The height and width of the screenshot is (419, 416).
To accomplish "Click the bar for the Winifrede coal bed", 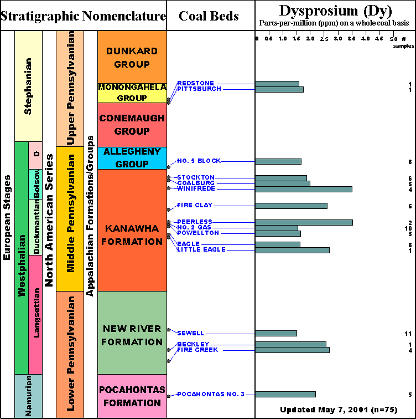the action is coord(304,189).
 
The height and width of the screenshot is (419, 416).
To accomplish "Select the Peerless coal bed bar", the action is coord(304,222).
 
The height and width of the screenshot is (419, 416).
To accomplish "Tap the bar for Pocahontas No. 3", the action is coord(285,394).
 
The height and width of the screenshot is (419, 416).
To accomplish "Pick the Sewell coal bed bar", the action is coord(276,333).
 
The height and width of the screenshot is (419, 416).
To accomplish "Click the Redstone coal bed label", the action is coord(195,83).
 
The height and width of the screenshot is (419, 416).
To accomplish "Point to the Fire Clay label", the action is coord(195,205).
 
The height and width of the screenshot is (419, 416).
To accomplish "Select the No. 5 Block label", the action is coord(199,161).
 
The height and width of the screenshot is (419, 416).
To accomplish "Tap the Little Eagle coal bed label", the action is coord(201,249).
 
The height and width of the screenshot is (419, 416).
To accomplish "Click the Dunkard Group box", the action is coord(132,57).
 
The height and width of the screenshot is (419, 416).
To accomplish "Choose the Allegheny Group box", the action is coord(132,158).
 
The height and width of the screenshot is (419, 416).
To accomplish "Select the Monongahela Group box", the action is coord(132,93).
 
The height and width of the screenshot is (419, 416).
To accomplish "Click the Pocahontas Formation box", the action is coord(132,396).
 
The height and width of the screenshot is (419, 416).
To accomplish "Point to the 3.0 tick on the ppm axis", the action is coord(338,38).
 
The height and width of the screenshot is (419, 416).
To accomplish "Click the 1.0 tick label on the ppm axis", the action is coord(283,38).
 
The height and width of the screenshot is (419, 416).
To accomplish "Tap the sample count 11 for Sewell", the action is coord(408,334).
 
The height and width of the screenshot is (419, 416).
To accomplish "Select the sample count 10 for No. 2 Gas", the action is coord(408,228).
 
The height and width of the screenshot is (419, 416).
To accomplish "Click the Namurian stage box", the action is coord(28,396).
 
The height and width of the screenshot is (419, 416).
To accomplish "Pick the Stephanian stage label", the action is coord(28,86).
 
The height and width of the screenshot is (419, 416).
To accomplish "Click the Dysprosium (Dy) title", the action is coord(335,11).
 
